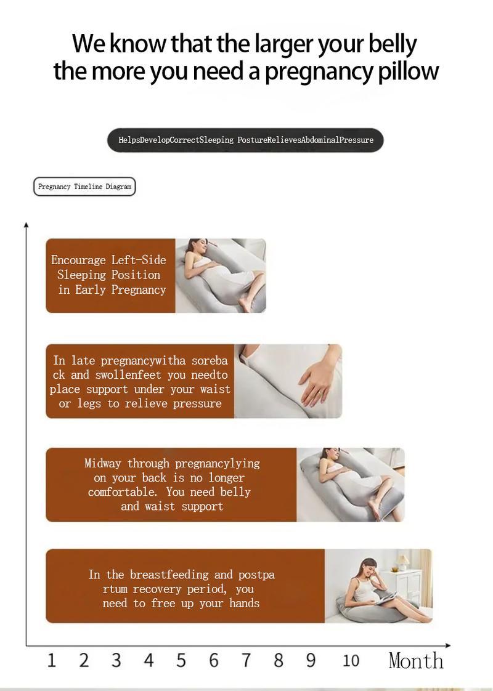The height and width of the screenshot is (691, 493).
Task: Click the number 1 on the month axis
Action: point(51,661)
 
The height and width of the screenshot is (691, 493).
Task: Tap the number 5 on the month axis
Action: point(181,661)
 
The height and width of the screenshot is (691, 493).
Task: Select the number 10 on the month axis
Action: point(351,661)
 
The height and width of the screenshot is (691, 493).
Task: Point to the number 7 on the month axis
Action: point(246,661)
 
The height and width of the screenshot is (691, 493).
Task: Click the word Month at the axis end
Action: point(416,661)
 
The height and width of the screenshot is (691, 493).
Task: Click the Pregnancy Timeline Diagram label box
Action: point(84,187)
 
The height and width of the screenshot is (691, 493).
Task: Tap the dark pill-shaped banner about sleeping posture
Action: point(245,140)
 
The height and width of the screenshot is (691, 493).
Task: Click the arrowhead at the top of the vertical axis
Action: point(26,225)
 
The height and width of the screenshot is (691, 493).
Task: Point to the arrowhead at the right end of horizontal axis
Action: point(448,645)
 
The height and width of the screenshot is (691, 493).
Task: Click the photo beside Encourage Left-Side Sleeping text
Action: point(221,275)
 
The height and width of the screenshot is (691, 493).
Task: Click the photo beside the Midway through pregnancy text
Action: point(350,485)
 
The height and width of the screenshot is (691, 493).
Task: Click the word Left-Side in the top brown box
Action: point(139,260)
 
